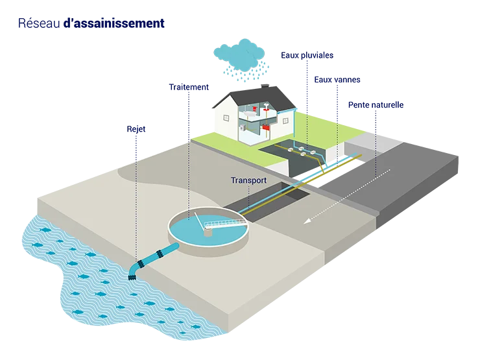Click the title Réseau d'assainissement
coord(91,24)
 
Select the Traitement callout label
coord(189,86)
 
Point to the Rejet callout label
coord(136,129)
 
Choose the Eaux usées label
coord(337,80)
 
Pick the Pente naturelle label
coord(376,104)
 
